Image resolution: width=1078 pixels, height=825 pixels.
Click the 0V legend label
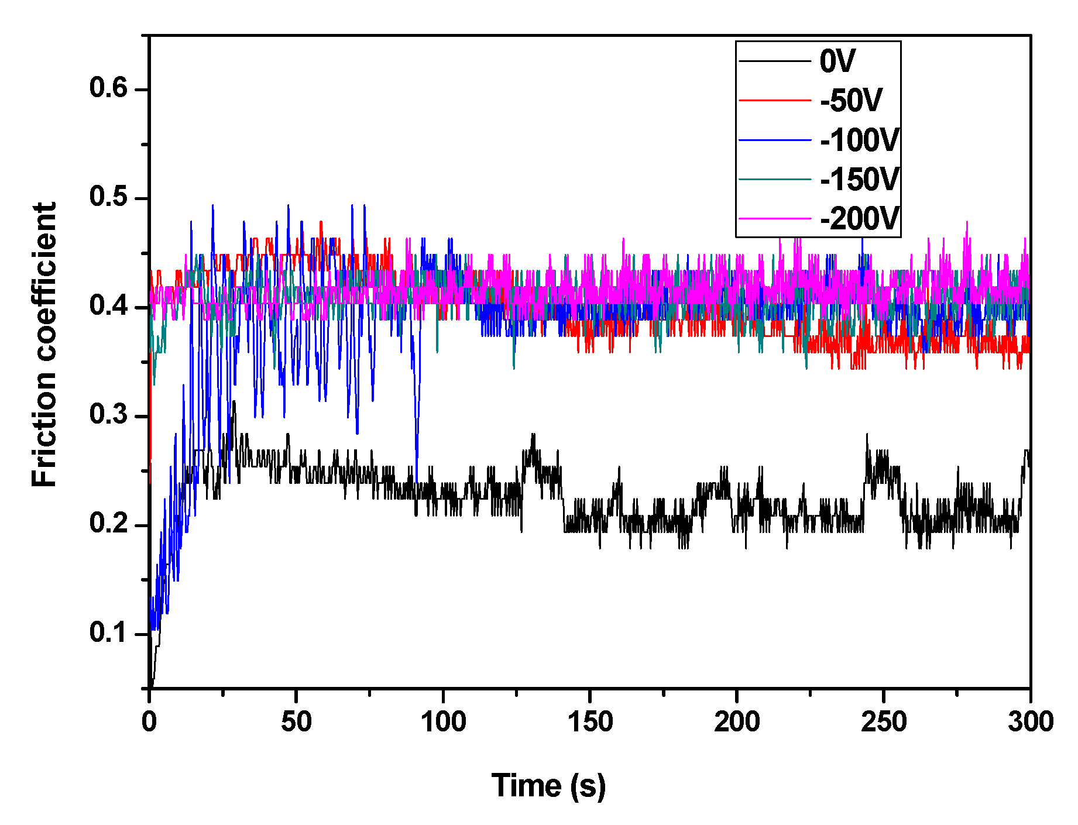pos(837,61)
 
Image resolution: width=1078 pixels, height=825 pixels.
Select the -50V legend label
pos(851,101)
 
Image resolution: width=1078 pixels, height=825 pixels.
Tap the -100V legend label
pos(859,140)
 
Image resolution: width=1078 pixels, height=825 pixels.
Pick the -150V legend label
pos(859,179)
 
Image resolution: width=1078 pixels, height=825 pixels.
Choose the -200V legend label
pos(859,219)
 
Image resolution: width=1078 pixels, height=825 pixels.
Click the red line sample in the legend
pos(775,101)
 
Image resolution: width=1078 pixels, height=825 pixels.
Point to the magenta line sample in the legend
pos(775,219)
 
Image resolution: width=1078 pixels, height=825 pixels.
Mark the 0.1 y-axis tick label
pos(108,633)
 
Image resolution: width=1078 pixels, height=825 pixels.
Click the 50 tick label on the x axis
pos(296,721)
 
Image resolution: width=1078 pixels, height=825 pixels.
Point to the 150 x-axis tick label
pos(590,721)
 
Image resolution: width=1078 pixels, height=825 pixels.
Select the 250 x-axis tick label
pos(884,721)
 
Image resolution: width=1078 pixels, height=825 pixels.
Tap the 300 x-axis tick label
pos(1030,721)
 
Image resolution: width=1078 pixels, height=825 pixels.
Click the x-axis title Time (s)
pos(548,786)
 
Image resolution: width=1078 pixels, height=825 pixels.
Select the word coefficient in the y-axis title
pos(44,281)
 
